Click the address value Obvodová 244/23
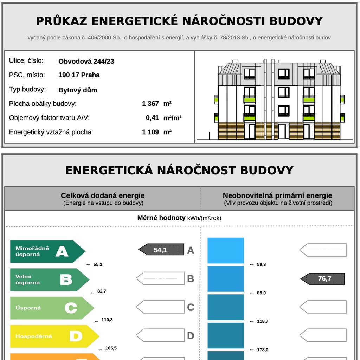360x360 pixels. (86, 62)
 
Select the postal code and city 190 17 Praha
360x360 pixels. (79, 75)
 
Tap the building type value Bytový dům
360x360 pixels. (78, 90)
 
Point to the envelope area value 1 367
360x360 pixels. (150, 104)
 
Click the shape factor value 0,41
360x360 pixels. (153, 118)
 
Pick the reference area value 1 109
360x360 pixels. (150, 132)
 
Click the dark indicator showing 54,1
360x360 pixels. (161, 250)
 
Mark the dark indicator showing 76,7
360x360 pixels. (323, 279)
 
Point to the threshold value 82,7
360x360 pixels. (102, 291)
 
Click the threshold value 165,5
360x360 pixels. (111, 348)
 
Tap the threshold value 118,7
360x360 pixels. (263, 321)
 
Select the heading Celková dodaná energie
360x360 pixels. (103, 196)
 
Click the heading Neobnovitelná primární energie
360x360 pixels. (277, 196)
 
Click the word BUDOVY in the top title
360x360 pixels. (296, 21)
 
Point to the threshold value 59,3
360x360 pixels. (261, 264)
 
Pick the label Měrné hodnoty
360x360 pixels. (161, 218)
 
